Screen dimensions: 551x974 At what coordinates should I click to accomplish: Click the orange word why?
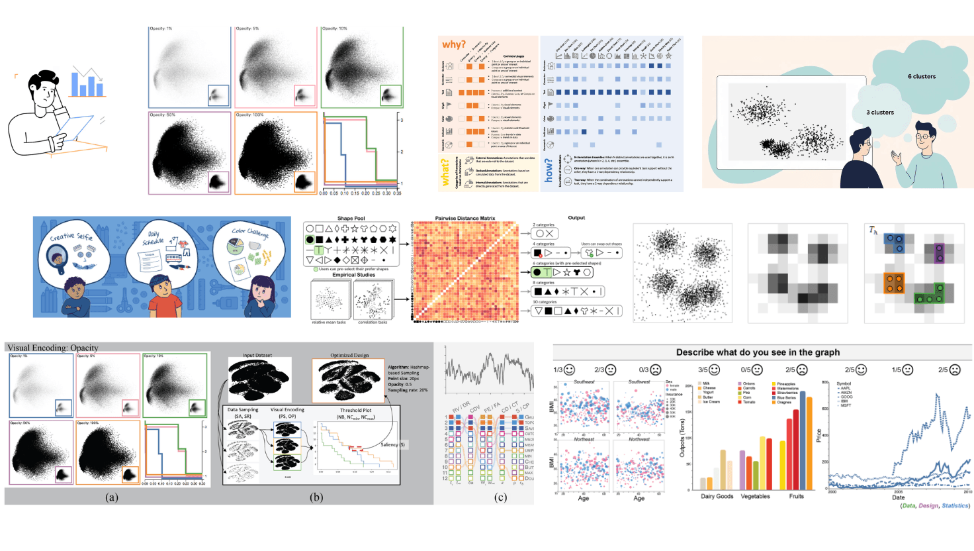pyautogui.click(x=454, y=44)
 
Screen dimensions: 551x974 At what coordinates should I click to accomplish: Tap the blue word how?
pyautogui.click(x=549, y=171)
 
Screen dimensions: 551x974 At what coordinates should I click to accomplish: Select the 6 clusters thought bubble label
pyautogui.click(x=921, y=76)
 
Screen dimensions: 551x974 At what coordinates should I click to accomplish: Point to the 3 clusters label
pyautogui.click(x=879, y=113)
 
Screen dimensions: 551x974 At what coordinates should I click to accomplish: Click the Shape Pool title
pyautogui.click(x=351, y=218)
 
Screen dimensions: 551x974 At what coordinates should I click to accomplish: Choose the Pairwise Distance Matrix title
pyautogui.click(x=465, y=218)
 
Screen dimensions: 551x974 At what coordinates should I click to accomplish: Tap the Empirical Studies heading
pyautogui.click(x=353, y=275)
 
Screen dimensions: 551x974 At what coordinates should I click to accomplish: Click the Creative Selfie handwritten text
pyautogui.click(x=71, y=236)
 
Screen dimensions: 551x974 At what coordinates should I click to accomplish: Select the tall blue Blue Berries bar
pyautogui.click(x=803, y=440)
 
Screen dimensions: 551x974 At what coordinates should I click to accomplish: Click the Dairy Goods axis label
pyautogui.click(x=717, y=496)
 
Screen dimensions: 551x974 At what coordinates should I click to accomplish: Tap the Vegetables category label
pyautogui.click(x=755, y=496)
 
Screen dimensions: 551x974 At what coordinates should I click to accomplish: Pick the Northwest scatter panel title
pyautogui.click(x=639, y=439)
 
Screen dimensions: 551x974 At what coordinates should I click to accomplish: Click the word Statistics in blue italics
pyautogui.click(x=955, y=505)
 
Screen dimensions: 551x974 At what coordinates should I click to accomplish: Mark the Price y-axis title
pyautogui.click(x=819, y=435)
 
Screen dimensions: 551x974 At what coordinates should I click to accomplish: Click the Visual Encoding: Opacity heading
pyautogui.click(x=53, y=348)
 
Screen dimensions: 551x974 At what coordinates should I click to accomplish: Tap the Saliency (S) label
pyautogui.click(x=392, y=444)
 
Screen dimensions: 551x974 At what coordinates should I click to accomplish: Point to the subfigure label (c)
pyautogui.click(x=501, y=497)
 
